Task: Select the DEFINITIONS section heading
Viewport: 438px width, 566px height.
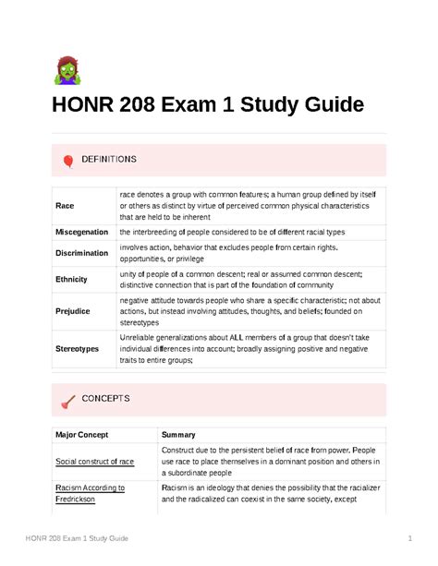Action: point(109,160)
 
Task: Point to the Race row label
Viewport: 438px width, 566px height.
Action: point(65,206)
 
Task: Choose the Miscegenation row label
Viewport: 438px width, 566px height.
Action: point(81,232)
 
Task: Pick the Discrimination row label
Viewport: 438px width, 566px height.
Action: point(81,253)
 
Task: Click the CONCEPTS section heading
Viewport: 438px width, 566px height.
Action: point(106,399)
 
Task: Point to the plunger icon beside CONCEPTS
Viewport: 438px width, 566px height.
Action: point(68,400)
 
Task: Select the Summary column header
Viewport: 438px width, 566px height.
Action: point(178,434)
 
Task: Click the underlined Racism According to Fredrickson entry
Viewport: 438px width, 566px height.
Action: point(90,493)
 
